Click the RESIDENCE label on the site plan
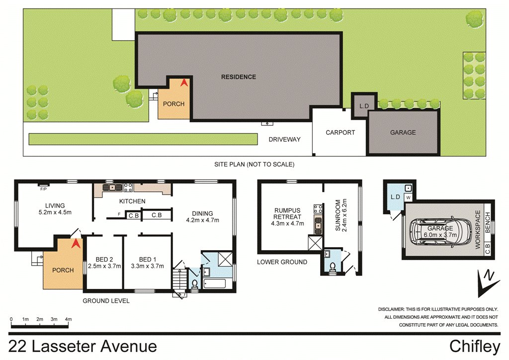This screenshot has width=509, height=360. [x=239, y=77]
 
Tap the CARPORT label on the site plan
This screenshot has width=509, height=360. [x=340, y=132]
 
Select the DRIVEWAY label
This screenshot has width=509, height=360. [x=284, y=139]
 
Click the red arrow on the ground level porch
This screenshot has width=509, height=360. [x=76, y=244]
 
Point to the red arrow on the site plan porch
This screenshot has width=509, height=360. [x=184, y=83]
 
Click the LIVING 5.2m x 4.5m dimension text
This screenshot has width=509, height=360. [x=55, y=213]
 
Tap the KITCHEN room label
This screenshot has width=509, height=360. [x=132, y=201]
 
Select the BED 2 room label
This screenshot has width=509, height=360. [x=104, y=260]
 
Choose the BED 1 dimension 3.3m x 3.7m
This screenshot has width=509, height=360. [x=147, y=266]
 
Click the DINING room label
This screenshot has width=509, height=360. [x=202, y=214]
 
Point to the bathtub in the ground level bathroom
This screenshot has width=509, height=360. [x=214, y=283]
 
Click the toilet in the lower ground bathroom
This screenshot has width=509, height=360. [x=333, y=267]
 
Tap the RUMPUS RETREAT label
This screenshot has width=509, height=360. [x=287, y=214]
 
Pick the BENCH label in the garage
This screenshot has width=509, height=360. [x=488, y=222]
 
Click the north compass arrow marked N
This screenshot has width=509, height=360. [x=487, y=283]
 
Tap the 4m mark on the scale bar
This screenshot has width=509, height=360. [x=68, y=319]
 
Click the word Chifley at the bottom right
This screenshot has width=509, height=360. [x=475, y=347]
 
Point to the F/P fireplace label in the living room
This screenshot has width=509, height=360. [x=43, y=189]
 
